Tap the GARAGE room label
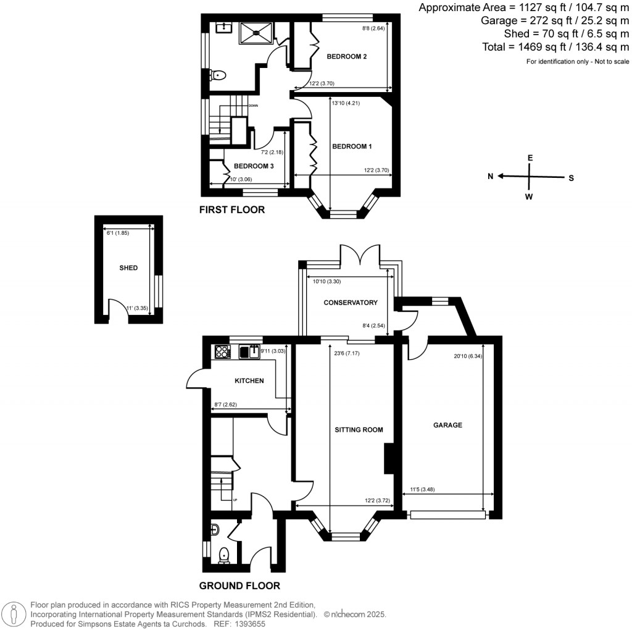447,425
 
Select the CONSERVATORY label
350,303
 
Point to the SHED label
128,268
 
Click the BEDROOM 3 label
254,166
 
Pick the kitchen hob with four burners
222,352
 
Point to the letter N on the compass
491,177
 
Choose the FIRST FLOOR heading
231,210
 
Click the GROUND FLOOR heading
239,586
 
